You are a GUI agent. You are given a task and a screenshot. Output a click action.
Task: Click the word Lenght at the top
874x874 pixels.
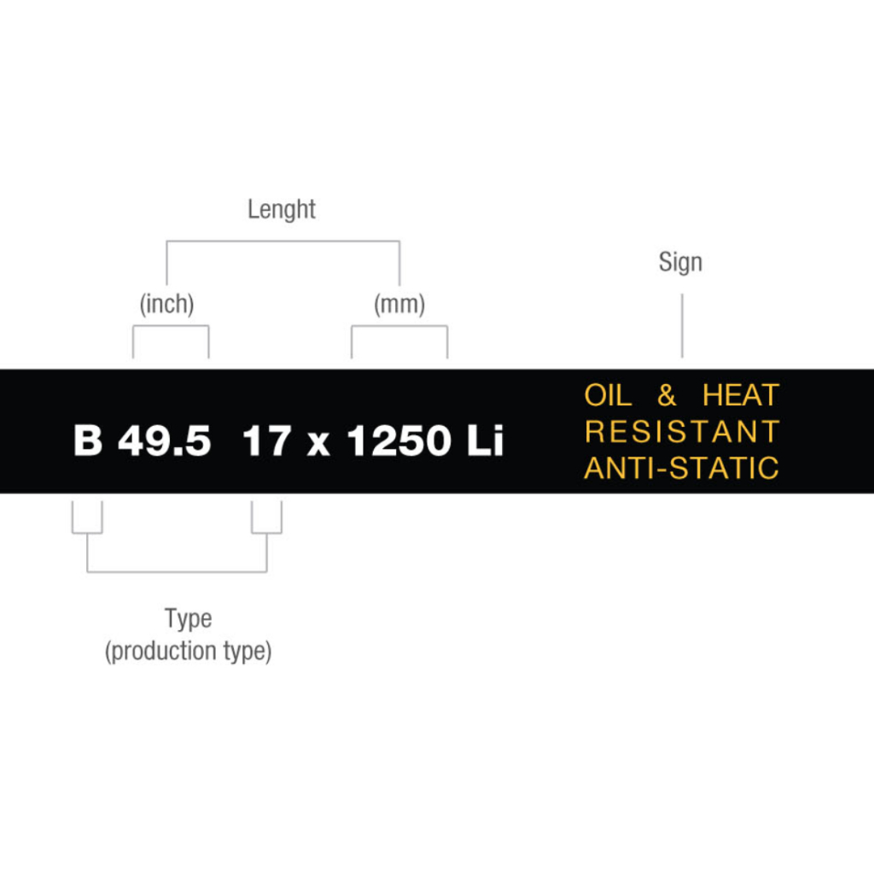[x=281, y=210]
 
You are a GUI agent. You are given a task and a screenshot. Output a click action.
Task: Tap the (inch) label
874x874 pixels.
[x=166, y=304]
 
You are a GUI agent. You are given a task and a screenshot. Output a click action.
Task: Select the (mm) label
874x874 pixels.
[x=399, y=304]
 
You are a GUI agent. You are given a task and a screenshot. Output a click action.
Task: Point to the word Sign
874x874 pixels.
[x=680, y=262]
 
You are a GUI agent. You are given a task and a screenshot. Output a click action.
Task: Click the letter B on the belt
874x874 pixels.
[x=87, y=442]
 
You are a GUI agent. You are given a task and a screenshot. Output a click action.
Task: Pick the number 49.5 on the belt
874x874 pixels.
[x=164, y=442]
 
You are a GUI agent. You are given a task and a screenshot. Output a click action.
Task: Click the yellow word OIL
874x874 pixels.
[x=608, y=396]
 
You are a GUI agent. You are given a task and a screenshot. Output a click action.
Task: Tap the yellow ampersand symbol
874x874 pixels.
[x=667, y=396]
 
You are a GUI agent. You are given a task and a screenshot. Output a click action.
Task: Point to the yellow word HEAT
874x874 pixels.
[x=741, y=396]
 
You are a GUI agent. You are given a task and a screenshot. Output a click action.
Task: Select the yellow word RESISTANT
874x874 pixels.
[x=682, y=432]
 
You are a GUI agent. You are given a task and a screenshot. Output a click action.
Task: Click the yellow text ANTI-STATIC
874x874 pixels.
[x=682, y=468]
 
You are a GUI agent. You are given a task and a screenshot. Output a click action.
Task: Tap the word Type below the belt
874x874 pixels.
[x=188, y=618]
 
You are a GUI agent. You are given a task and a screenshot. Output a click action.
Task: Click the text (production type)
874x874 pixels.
[x=188, y=651]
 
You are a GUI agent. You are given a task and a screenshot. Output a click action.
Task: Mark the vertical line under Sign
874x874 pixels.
[x=681, y=325]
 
